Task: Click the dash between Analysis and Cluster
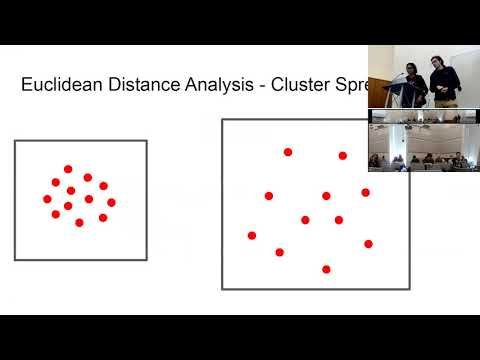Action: [x=264, y=86]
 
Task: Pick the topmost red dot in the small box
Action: [x=68, y=169]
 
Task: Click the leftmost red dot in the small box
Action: [x=47, y=199]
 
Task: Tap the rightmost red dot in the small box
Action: [x=111, y=202]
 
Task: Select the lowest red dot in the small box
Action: [x=79, y=222]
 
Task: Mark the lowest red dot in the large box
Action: [x=326, y=269]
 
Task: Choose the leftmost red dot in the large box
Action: [x=252, y=236]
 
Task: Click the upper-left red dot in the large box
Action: [x=288, y=152]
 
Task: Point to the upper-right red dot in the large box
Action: [x=342, y=156]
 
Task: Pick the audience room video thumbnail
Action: [x=423, y=141]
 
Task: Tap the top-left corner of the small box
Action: [x=15, y=141]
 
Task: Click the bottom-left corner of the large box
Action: [x=222, y=289]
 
